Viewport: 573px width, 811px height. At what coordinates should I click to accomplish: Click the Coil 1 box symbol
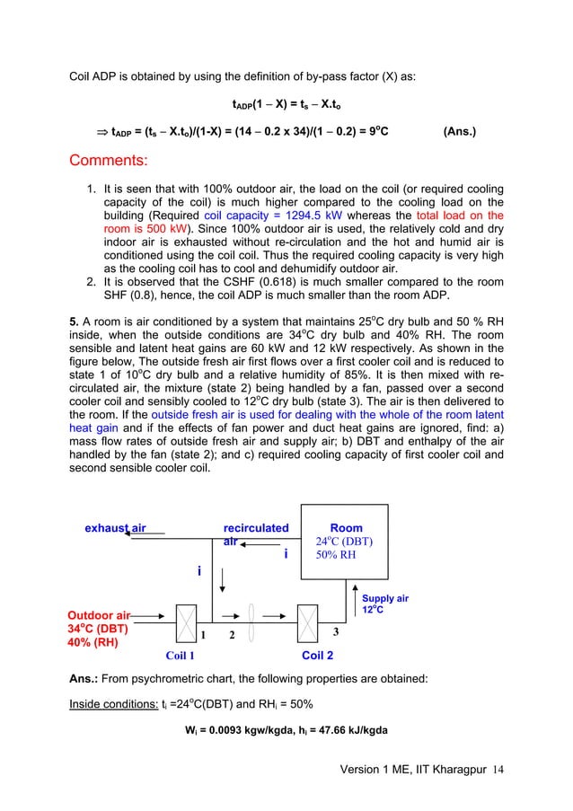point(188,620)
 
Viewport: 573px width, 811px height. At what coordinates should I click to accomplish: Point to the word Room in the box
point(346,528)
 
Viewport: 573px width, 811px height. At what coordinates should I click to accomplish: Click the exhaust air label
point(115,528)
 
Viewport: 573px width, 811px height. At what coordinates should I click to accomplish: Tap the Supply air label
point(384,598)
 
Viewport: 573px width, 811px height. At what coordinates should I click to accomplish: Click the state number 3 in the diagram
point(336,632)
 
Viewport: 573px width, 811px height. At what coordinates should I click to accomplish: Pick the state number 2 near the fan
point(231,636)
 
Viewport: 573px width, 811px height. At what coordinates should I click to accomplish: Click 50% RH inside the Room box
point(336,555)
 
